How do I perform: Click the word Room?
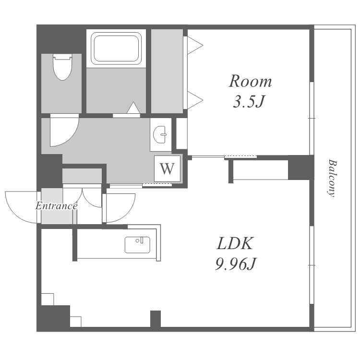250,81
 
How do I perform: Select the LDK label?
235,243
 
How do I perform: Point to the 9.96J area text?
236,264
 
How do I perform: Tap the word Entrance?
56,206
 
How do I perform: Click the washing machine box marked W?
167,169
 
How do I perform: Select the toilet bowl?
62,67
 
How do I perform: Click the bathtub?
116,48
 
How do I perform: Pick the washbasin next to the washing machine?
160,134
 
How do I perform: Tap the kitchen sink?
137,245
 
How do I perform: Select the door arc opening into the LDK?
129,213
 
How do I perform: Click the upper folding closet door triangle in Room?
195,45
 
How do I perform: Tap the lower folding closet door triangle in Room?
195,100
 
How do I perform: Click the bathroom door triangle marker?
133,108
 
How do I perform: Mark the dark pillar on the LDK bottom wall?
156,319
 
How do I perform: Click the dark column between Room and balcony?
301,168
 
